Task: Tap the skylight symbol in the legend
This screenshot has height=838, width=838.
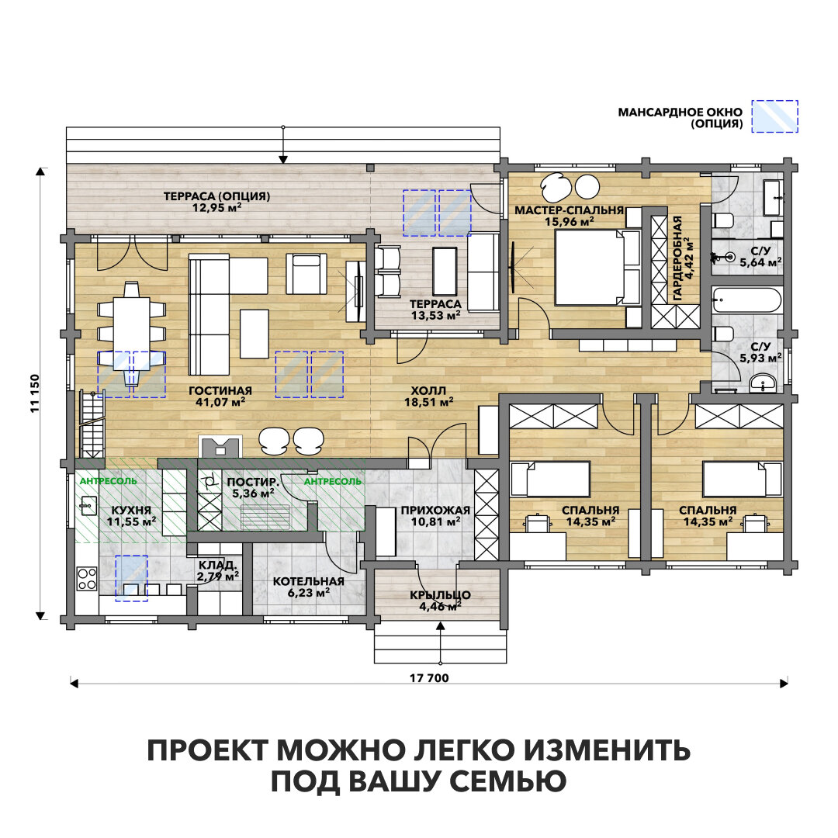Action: [x=776, y=116]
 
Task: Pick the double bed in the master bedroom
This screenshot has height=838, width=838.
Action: [x=590, y=268]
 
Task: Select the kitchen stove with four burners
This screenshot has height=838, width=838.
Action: [x=86, y=578]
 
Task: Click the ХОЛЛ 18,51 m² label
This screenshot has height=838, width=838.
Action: [x=424, y=396]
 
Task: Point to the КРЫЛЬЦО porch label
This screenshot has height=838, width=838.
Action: [x=440, y=601]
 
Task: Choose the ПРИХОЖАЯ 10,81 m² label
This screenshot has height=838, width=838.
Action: [x=435, y=516]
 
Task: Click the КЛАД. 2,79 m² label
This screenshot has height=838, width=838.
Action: [x=218, y=570]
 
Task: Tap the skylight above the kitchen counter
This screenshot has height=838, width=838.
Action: [x=131, y=578]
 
